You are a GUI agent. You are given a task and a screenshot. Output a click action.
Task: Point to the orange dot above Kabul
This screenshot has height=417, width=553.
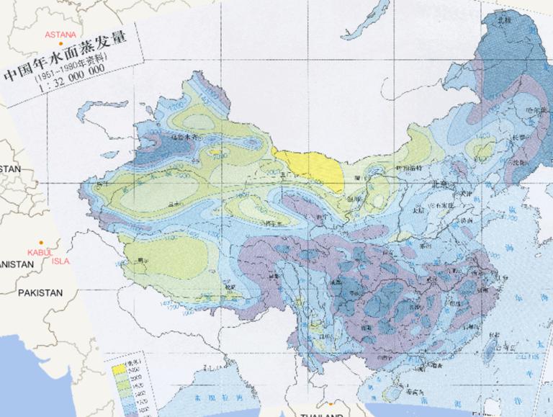pos(42,242)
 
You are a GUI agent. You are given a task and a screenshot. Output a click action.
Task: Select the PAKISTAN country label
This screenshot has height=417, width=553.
pos(40,292)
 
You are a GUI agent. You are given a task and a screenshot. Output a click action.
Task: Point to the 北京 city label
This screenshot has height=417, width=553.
pos(440,185)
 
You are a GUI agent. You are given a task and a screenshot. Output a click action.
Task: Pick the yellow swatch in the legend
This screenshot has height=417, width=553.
pos(118,367)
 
